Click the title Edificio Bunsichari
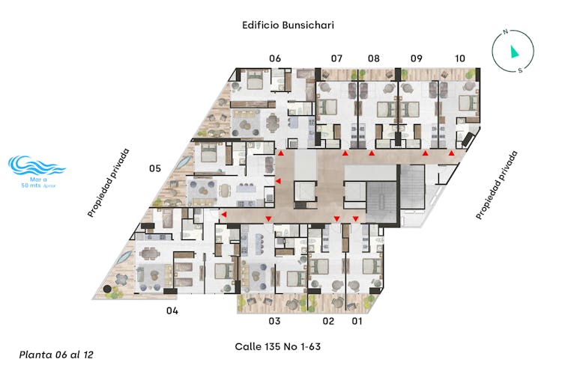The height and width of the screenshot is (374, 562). click(288, 25)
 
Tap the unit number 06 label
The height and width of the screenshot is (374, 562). click(275, 58)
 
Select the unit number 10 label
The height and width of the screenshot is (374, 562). click(460, 58)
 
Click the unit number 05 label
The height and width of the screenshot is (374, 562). click(155, 168)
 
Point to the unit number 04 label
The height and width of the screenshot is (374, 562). click(172, 310)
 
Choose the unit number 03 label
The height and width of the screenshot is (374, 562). click(274, 321)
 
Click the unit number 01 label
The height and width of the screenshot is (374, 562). click(357, 321)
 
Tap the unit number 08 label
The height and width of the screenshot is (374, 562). click(373, 58)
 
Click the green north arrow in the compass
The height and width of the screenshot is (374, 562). click(514, 52)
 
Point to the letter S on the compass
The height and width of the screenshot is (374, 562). click(520, 70)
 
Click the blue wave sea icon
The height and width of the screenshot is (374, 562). click(36, 165)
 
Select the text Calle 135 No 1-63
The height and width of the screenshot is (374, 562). click(278, 346)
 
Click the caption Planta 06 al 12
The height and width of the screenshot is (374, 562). click(56, 355)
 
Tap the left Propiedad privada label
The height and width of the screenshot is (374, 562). click(108, 183)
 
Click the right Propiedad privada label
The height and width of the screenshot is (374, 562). click(497, 185)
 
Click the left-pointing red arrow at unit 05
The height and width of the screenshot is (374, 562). click(278, 182)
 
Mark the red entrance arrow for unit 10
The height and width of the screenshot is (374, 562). click(452, 153)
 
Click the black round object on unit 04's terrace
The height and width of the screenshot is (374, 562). click(107, 289)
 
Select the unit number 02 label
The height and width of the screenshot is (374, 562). click(328, 321)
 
